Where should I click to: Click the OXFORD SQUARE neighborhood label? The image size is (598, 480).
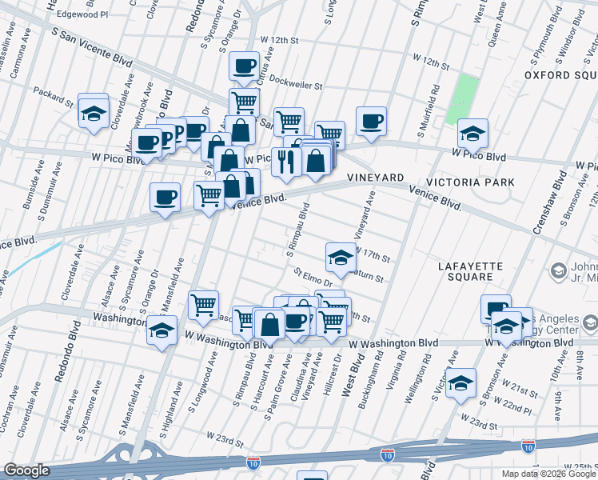(560, 74)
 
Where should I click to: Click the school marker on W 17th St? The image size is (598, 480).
(340, 257)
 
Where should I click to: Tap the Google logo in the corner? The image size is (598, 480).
(27, 470)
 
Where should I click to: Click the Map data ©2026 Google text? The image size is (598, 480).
(548, 474)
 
